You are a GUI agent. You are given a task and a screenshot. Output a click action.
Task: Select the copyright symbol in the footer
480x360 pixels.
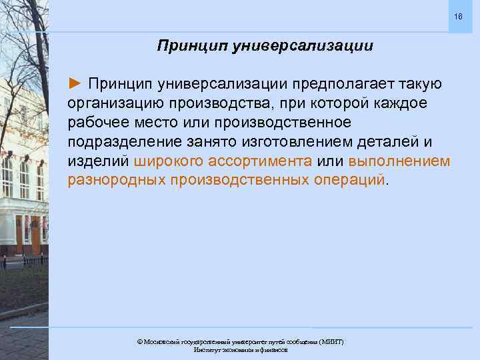[x=140, y=342]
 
